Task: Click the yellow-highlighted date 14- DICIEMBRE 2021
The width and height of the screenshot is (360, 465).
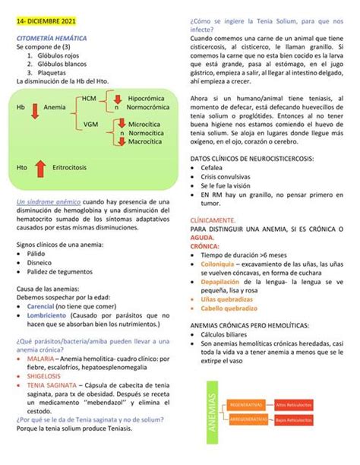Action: (x=49, y=24)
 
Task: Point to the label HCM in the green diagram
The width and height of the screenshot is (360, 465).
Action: (x=90, y=100)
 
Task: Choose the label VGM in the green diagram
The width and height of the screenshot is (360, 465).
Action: (x=91, y=123)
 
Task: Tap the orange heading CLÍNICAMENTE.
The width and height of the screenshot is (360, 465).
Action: (x=213, y=220)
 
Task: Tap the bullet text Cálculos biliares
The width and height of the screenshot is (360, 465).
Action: (x=231, y=334)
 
